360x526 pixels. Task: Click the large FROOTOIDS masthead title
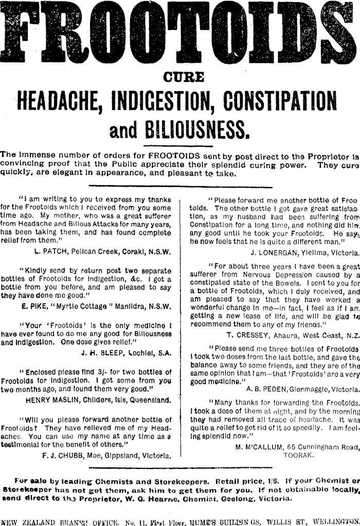pos(180,30)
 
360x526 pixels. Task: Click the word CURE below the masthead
pos(184,77)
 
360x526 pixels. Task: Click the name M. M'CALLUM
pos(259,446)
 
